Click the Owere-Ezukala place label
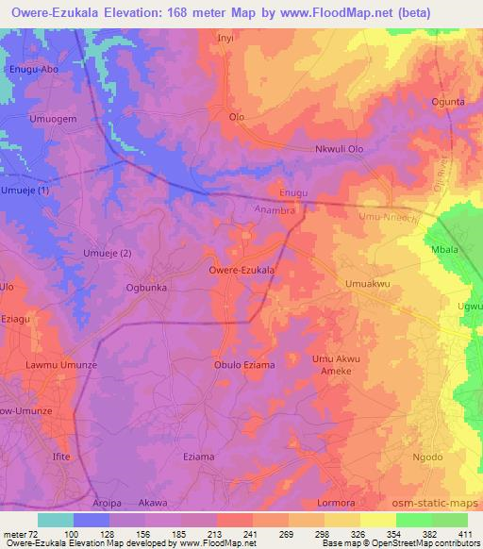(x=241, y=270)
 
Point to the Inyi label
(x=225, y=39)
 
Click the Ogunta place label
(x=448, y=102)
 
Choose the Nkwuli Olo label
(x=339, y=149)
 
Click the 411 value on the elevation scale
(x=465, y=535)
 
